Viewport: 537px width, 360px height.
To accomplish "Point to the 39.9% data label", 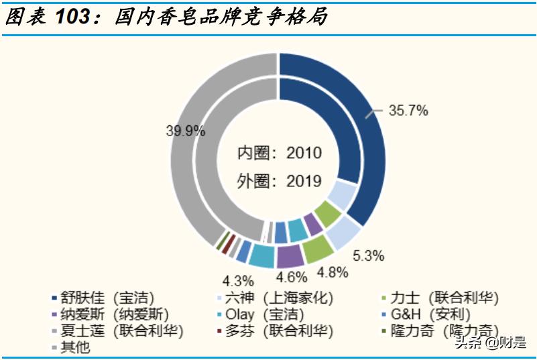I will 185,131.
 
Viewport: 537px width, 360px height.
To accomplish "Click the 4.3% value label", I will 239,280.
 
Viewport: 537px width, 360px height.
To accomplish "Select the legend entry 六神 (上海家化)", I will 278,297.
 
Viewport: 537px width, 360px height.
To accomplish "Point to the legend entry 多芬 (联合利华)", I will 278,331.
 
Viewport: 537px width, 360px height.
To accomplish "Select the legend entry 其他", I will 74,347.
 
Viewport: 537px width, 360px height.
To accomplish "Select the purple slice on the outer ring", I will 288,255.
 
